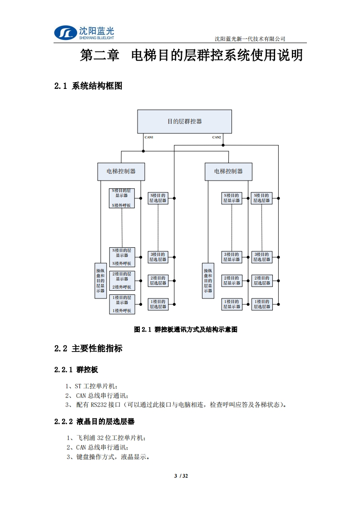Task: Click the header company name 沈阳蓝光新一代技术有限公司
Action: (250, 39)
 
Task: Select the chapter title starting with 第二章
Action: (191, 56)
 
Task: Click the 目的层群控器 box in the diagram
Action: (184, 121)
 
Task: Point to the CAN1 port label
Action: (149, 137)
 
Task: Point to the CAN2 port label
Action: (217, 137)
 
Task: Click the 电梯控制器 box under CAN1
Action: (121, 171)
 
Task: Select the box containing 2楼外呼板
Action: (122, 280)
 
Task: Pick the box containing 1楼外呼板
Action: (122, 304)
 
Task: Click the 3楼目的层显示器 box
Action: (231, 257)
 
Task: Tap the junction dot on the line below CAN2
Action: (223, 145)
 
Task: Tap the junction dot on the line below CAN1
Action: (143, 151)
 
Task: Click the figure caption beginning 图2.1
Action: (186, 330)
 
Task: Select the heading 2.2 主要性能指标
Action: (88, 348)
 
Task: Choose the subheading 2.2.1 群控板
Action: (76, 370)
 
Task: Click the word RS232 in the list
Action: (98, 405)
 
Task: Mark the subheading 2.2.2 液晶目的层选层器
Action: (94, 421)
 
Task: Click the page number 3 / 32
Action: (181, 476)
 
